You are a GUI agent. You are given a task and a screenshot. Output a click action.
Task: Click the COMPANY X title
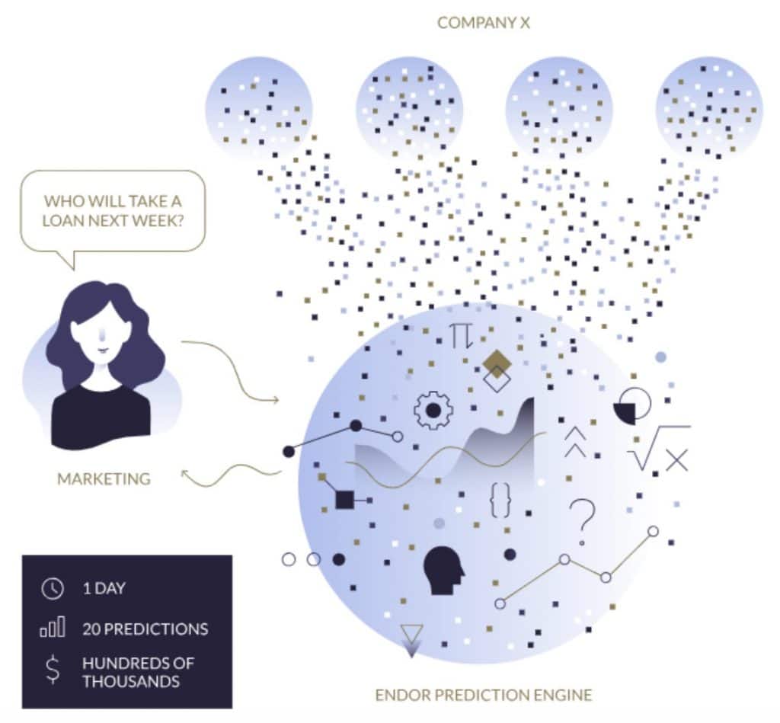pos(483,23)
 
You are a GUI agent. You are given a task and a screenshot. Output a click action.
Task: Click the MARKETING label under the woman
pos(104,479)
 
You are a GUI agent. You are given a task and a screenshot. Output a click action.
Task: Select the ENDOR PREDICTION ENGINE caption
pos(483,695)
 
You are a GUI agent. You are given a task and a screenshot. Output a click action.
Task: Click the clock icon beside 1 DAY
pos(52,589)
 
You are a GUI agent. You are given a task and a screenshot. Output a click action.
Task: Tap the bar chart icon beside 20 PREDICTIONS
pos(52,629)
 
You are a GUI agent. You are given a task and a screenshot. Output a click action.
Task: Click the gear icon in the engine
pos(433,411)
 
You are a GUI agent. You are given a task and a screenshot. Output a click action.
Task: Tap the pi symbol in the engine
pos(461,335)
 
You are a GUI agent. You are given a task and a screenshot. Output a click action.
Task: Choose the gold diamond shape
pos(497,363)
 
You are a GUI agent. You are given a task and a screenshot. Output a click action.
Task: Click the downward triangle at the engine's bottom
pos(411,639)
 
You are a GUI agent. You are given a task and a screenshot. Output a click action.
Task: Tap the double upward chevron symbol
pos(575,442)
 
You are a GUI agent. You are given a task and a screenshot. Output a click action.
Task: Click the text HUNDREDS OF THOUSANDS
pos(137,671)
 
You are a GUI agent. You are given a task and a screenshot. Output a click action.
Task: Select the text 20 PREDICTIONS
pos(145,629)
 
